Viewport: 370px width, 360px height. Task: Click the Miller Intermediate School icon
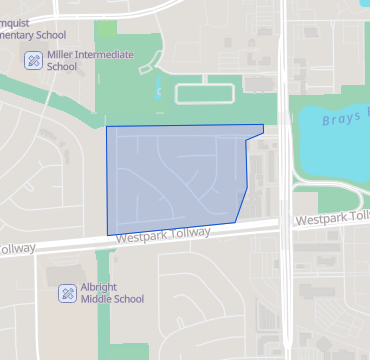[x=33, y=61]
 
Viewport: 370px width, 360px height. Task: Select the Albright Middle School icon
[x=67, y=292]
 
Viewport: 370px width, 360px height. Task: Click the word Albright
[x=100, y=286]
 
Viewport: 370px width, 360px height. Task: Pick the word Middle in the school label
[x=97, y=299]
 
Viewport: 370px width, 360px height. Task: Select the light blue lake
[x=330, y=145]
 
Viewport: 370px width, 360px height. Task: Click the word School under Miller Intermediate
[x=63, y=68]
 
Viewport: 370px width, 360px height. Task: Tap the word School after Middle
[x=129, y=299]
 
